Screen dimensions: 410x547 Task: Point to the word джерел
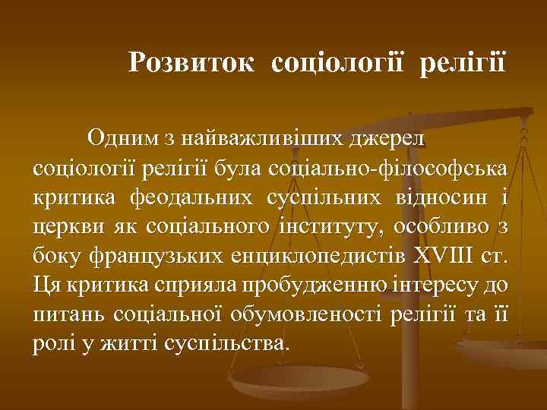pos(387,139)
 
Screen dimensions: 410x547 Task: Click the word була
pos(232,167)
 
